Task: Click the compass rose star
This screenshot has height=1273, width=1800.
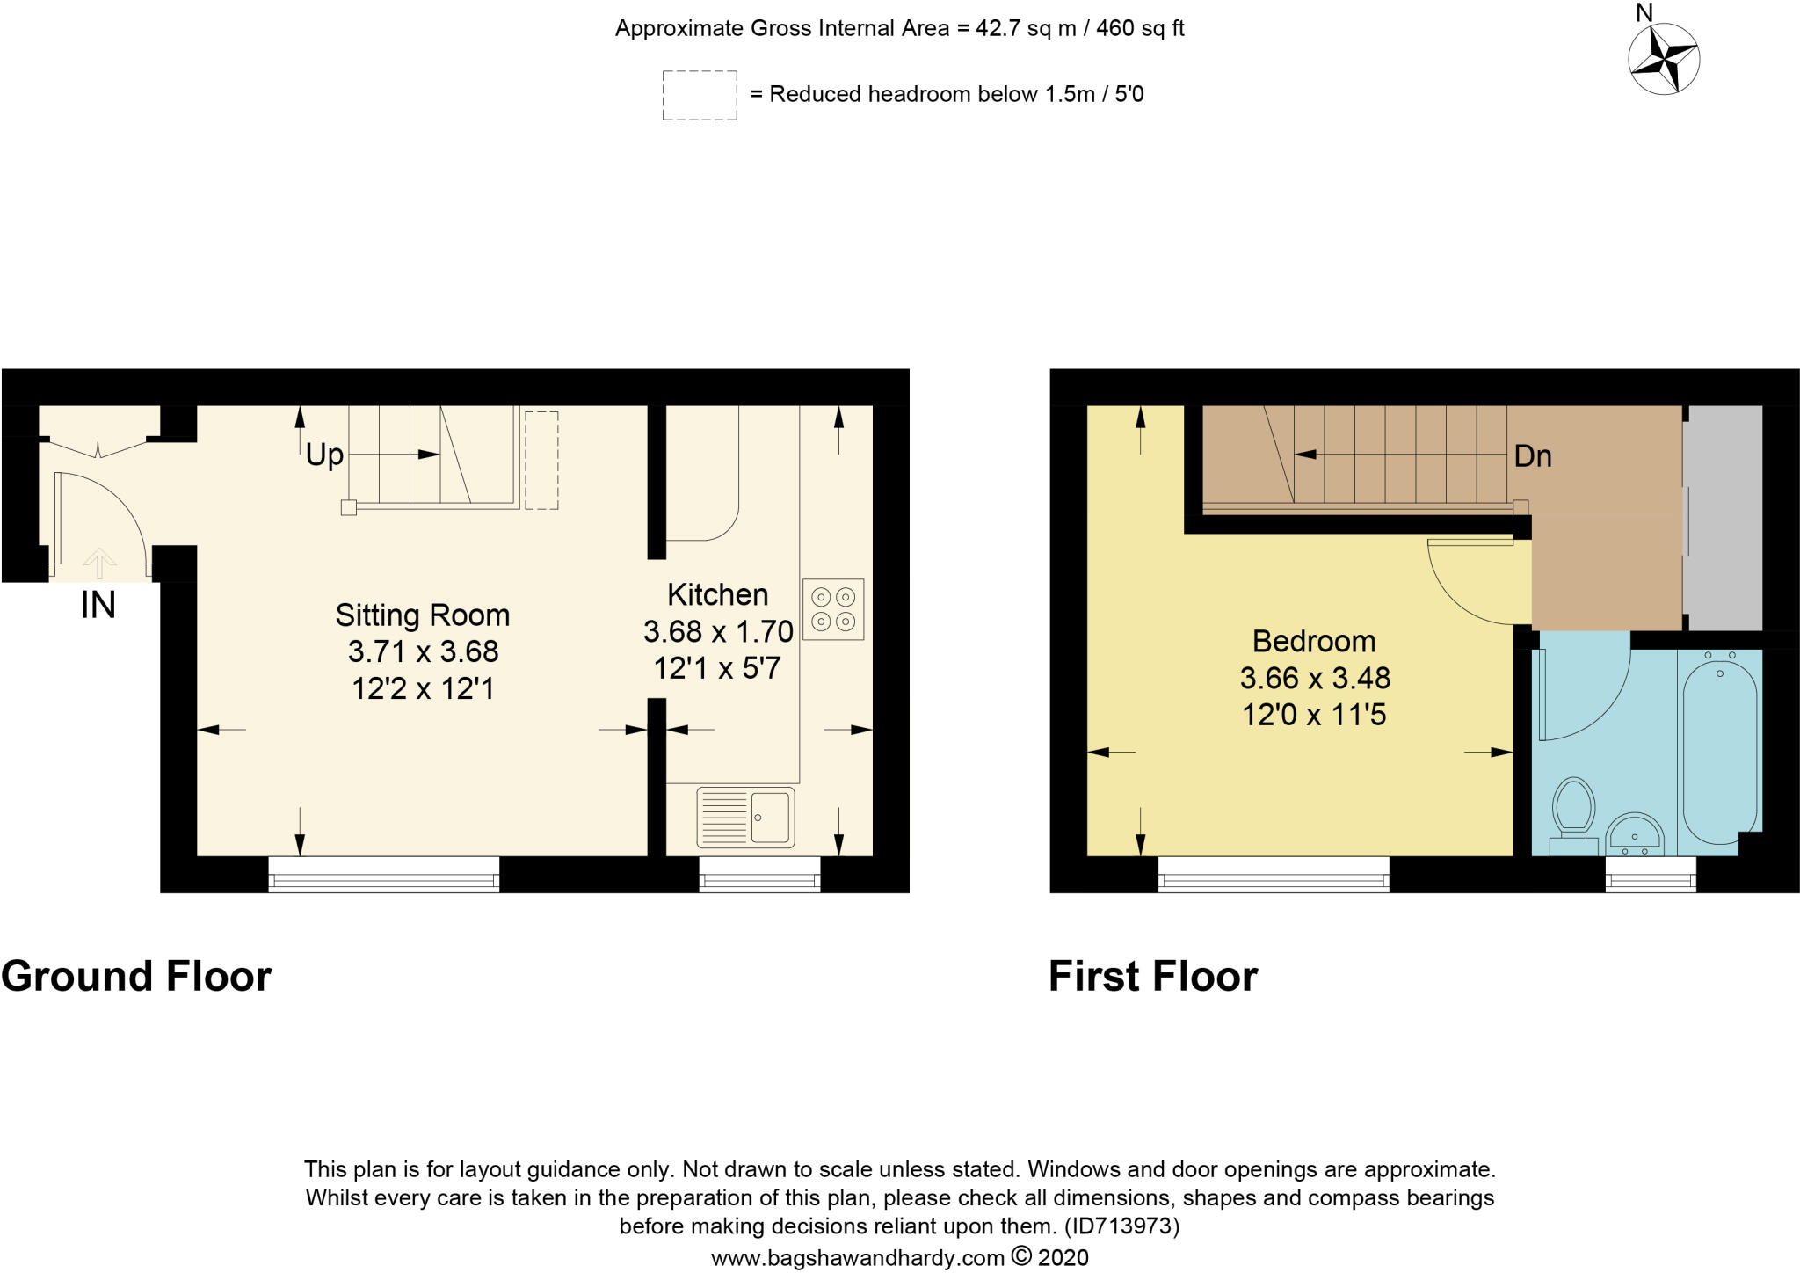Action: click(x=1664, y=60)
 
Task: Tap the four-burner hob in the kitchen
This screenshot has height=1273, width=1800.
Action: click(x=833, y=608)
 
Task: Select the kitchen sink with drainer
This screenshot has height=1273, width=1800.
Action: click(x=745, y=817)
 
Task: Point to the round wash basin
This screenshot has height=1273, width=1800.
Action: click(x=1635, y=834)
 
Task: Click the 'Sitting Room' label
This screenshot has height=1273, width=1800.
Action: click(x=423, y=615)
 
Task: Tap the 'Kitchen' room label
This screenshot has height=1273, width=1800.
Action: click(x=717, y=595)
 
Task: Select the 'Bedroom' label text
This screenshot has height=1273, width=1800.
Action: click(x=1314, y=642)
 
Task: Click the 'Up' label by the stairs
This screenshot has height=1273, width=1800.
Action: click(x=324, y=455)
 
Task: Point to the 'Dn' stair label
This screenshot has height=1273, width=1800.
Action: click(x=1533, y=455)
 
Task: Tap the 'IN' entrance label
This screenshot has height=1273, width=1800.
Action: click(x=98, y=605)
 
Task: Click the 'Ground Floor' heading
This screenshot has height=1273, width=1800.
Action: click(x=136, y=976)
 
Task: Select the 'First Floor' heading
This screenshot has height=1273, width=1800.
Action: click(x=1153, y=976)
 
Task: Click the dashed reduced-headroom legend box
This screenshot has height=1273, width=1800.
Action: click(x=700, y=95)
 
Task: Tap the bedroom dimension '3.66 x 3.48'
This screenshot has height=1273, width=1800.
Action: click(x=1315, y=679)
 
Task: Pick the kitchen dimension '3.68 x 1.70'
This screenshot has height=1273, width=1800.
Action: click(x=718, y=631)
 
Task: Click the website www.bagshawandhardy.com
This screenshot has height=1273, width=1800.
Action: click(x=857, y=1258)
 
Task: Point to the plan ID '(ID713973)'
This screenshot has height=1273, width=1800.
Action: click(x=1121, y=1226)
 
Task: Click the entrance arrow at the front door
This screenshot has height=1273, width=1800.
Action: click(x=98, y=564)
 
